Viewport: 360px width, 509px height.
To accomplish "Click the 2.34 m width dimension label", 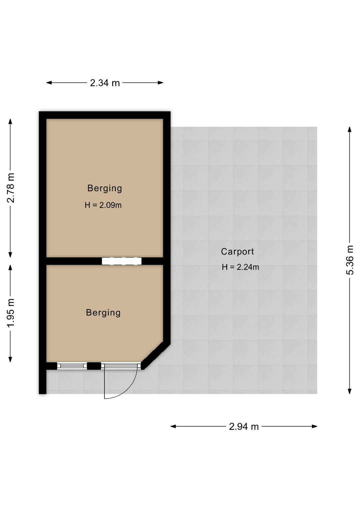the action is point(105,83).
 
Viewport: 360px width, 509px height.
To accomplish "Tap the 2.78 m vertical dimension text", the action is point(11,188).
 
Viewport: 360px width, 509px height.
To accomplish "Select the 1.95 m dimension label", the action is point(11,313).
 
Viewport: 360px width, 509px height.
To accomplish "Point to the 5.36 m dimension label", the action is point(350,260).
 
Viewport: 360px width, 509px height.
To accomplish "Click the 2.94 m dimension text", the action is point(244,427).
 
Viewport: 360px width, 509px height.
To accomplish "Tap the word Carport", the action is point(237,251).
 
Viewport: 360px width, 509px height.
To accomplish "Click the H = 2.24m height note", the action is point(240,267).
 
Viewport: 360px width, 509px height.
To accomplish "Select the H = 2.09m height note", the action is point(103,205).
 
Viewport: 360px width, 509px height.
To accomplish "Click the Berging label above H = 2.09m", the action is point(105,188).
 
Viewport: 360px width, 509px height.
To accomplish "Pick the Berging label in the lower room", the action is point(103,313).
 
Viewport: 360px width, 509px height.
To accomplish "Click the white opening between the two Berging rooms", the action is point(122,261).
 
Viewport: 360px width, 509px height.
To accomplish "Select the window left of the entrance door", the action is point(72,366).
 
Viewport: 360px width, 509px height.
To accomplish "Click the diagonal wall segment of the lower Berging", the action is point(156,356).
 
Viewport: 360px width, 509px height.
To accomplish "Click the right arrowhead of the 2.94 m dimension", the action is point(315,426).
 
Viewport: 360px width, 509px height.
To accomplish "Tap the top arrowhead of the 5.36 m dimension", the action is point(350,129).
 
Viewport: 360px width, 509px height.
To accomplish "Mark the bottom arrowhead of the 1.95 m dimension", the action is point(10,359).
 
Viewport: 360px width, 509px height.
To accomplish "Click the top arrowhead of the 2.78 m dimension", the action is point(10,121).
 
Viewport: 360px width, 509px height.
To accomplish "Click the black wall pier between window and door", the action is point(94,366).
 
